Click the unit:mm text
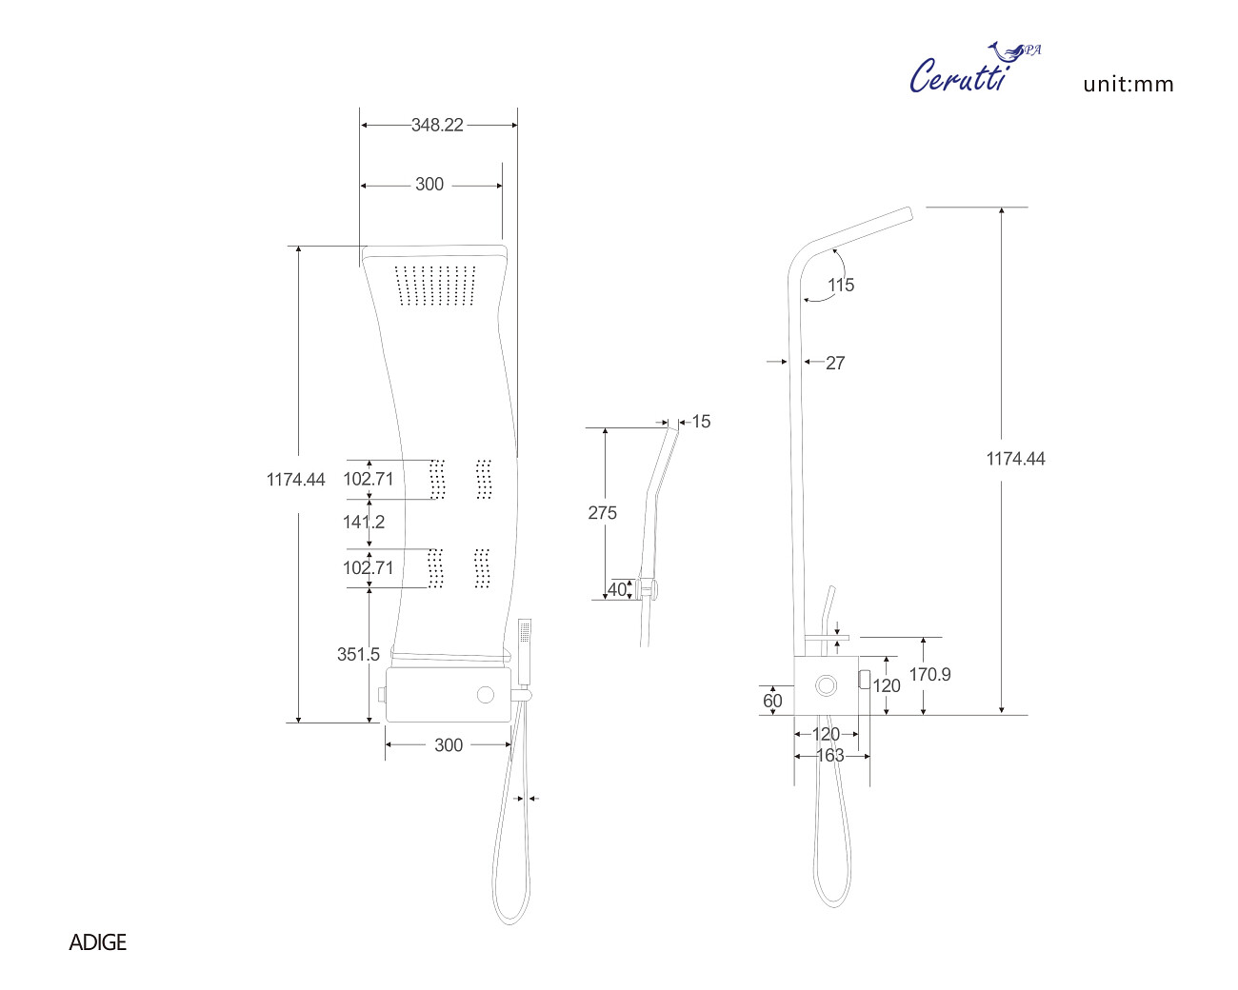click(x=1128, y=84)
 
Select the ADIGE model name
click(x=97, y=942)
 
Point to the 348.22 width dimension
click(x=437, y=125)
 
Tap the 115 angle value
click(x=841, y=285)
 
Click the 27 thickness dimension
click(x=835, y=363)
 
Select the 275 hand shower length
click(x=602, y=513)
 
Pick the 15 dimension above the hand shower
click(x=701, y=422)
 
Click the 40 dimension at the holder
click(x=617, y=589)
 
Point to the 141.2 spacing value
click(x=364, y=522)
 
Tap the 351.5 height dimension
click(x=358, y=654)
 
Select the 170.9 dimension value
click(x=929, y=674)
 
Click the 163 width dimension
click(x=830, y=755)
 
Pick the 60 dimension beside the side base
click(x=772, y=701)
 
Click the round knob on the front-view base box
click(x=486, y=695)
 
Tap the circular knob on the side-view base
click(x=826, y=685)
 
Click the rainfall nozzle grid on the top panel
click(x=435, y=286)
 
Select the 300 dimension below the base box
click(x=449, y=745)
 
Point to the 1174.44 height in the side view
click(x=1015, y=459)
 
